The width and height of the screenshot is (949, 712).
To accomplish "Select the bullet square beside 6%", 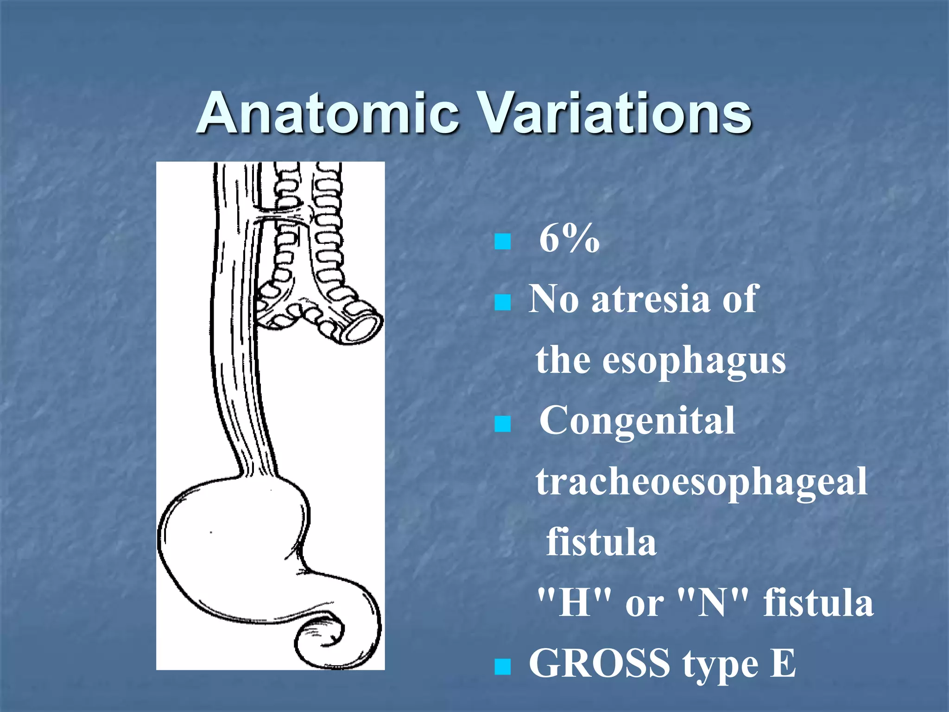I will [502, 242].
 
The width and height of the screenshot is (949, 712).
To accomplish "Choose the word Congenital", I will [637, 421].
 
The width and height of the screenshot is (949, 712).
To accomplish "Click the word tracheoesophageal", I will [702, 482].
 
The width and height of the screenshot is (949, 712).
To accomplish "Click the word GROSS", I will [599, 664].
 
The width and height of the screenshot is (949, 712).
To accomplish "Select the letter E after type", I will [783, 664].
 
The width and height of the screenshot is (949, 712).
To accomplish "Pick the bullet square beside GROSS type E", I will [502, 667].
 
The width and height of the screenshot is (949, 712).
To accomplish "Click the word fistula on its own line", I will [601, 542].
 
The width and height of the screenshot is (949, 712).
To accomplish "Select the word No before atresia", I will [554, 299].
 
